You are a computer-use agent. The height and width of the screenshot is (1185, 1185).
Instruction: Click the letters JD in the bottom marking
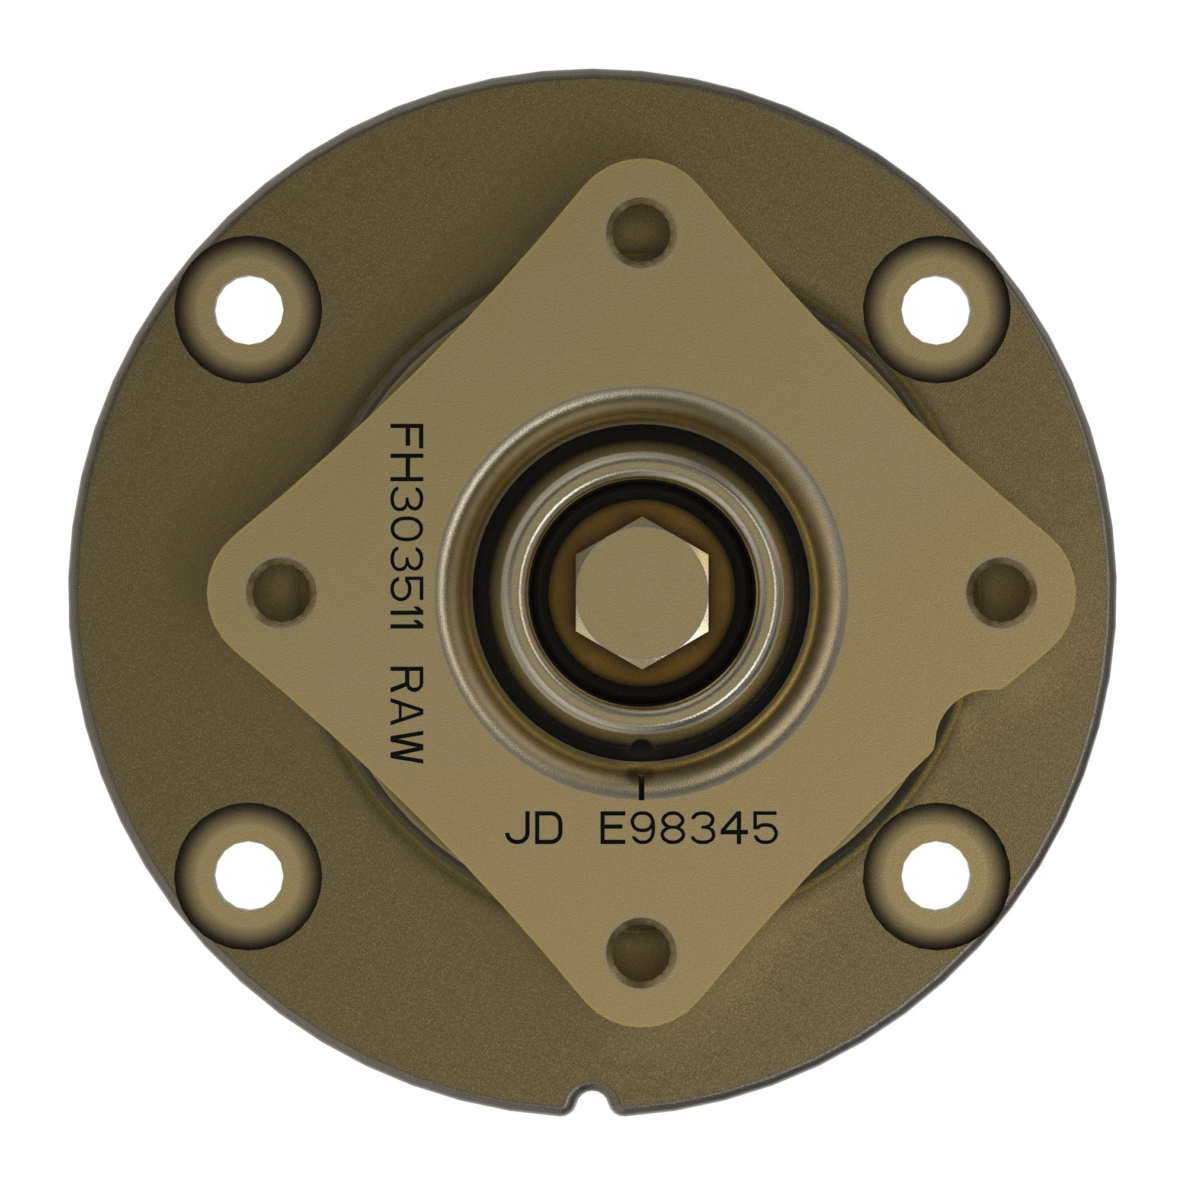coord(533,829)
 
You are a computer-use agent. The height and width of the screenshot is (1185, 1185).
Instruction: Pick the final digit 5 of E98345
coord(764,829)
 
